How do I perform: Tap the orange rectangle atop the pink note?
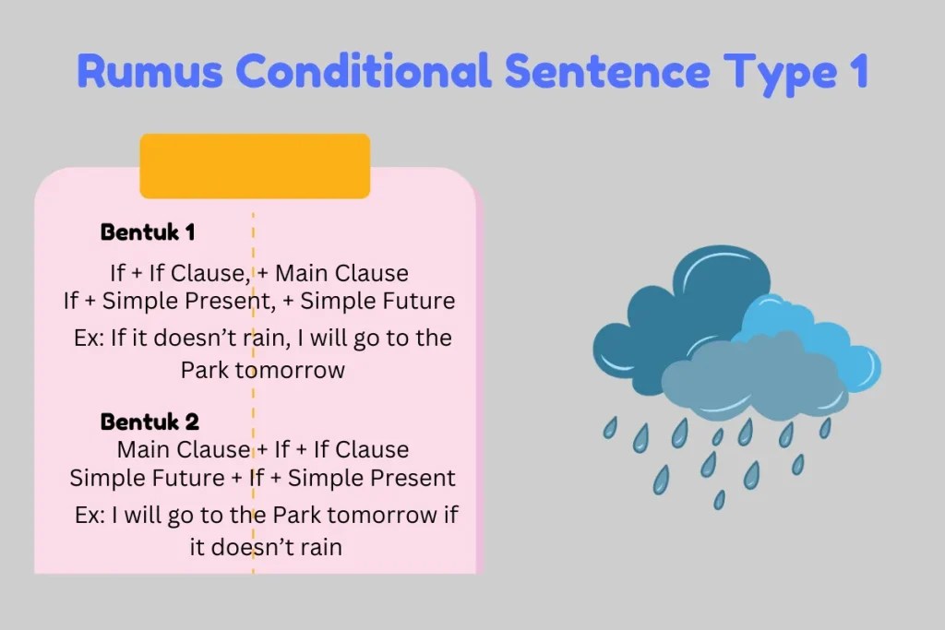point(255,166)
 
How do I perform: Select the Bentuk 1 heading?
point(147,232)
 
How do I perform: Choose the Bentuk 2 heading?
point(150,422)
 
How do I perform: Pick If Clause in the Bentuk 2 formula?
point(362,450)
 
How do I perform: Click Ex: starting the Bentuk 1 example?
point(90,338)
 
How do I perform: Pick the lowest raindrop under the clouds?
point(719,499)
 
